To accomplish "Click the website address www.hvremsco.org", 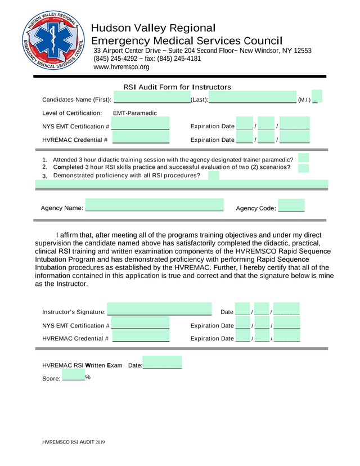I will click(121, 67).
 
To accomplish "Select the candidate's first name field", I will click(152, 99).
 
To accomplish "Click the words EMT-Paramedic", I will click(135, 113).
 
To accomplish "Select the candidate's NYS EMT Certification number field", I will click(141, 126).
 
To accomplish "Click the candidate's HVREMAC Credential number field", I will click(141, 140).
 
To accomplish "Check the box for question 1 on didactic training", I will click(304, 158).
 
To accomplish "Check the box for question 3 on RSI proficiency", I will click(213, 176).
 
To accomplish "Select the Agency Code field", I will click(291, 206).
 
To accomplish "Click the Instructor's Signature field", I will click(159, 310).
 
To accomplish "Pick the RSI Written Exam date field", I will click(162, 363).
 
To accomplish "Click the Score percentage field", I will click(73, 376).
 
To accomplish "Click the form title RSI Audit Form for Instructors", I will click(177, 87).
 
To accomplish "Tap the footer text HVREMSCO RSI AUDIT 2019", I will click(74, 443).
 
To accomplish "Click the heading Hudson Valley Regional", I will click(153, 28).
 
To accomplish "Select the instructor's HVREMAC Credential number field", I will click(141, 338).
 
